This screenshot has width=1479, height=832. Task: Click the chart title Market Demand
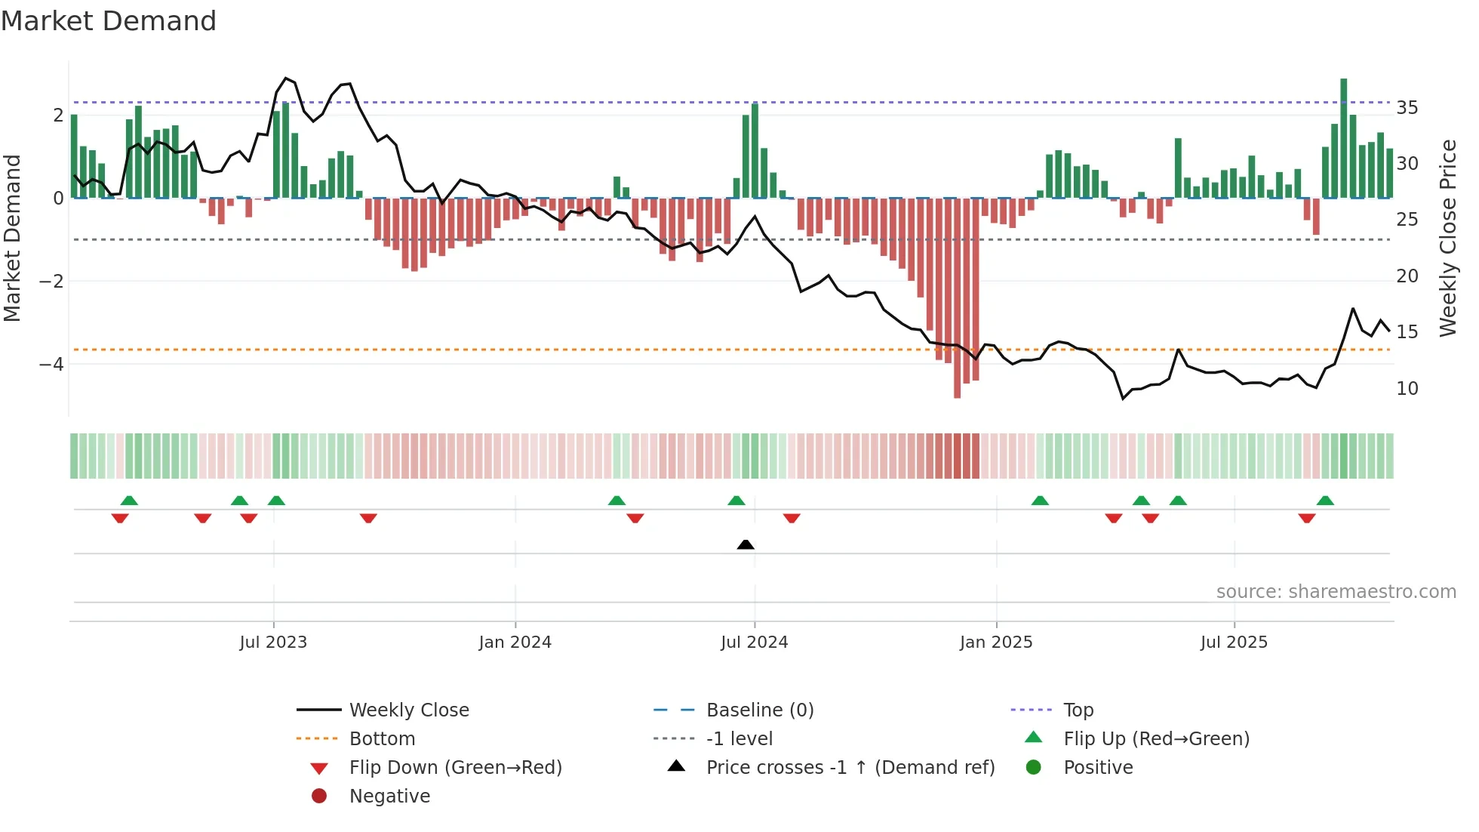[x=109, y=21]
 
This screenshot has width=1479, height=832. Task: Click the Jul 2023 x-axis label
[x=273, y=642]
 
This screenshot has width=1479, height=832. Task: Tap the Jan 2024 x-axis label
[x=515, y=642]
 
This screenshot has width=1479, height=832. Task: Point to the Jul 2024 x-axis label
[x=754, y=642]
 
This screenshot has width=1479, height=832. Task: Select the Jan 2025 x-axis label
[x=996, y=642]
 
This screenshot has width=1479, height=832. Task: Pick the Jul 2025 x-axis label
[x=1234, y=642]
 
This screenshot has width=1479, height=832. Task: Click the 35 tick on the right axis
[x=1407, y=108]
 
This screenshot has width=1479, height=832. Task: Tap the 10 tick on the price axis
[x=1407, y=389]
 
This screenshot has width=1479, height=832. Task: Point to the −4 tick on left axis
[x=51, y=365]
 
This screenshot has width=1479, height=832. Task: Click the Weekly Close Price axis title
[x=1447, y=238]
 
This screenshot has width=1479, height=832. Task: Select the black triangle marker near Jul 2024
[x=746, y=544]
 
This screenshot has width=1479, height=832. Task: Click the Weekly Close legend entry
[x=408, y=710]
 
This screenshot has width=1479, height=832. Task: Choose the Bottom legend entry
[x=382, y=739]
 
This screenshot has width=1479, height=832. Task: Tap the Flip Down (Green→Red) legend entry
[x=455, y=768]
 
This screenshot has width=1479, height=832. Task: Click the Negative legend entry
[x=389, y=797]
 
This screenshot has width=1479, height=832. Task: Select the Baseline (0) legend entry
[x=759, y=710]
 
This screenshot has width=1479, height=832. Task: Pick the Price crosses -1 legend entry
[x=850, y=768]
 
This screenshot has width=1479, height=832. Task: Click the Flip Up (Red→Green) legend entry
[x=1156, y=739]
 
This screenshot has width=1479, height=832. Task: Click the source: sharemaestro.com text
[x=1336, y=592]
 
